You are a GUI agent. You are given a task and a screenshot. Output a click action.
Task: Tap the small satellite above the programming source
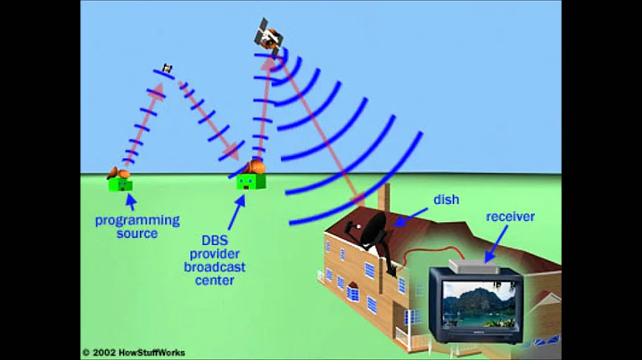[165, 69]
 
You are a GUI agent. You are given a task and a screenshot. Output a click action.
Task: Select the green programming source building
[120, 184]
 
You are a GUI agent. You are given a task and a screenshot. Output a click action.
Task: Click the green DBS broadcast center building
[251, 181]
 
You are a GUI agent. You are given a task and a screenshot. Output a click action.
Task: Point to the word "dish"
[446, 200]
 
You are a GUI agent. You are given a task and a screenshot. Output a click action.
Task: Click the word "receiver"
[510, 217]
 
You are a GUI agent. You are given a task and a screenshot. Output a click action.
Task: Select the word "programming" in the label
[138, 220]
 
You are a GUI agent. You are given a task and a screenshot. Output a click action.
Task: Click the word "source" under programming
[136, 233]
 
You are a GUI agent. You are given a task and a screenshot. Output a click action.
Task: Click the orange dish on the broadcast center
[256, 167]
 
